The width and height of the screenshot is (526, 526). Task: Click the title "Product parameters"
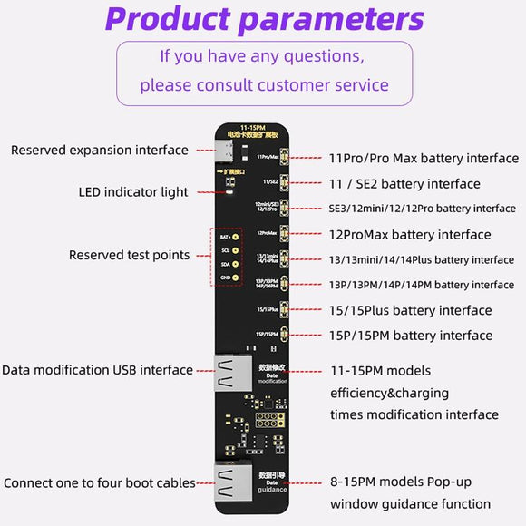coord(264,18)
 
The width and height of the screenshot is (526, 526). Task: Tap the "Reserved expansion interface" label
coord(100,150)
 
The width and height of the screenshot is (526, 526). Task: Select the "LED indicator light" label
coord(133,191)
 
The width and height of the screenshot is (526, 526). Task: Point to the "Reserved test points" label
coord(130,255)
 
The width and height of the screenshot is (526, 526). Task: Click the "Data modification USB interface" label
coord(97,369)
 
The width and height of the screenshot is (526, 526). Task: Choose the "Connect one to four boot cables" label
coord(100,482)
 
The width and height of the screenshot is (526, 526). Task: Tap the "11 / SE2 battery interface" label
coord(404,183)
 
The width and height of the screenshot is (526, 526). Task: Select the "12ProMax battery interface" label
coord(410,234)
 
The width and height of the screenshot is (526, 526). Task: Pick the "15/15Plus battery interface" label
coord(410,310)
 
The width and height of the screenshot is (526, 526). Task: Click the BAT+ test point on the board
coord(236,237)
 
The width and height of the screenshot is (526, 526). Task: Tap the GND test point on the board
coord(236,278)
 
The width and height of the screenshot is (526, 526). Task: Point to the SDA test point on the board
coord(236,264)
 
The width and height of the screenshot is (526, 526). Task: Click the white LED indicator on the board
coord(229,191)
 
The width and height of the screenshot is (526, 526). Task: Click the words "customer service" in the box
coord(321,85)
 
